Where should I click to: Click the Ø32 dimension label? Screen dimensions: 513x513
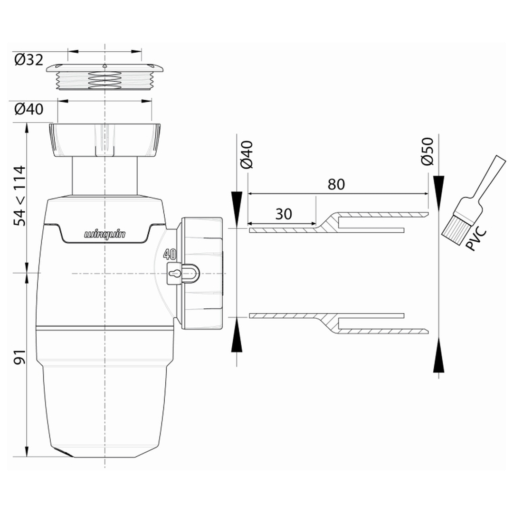tap(29, 60)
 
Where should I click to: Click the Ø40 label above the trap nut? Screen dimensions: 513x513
tap(29, 109)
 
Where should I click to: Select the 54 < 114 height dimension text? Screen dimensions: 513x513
tap(19, 196)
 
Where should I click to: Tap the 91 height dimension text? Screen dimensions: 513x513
tap(19, 357)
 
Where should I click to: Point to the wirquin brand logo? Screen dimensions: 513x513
tap(104, 234)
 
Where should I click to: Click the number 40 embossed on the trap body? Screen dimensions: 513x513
tap(170, 254)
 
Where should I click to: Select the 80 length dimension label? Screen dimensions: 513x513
tap(336, 184)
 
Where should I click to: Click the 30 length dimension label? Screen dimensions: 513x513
tap(283, 214)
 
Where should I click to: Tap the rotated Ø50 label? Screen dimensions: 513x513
tap(427, 151)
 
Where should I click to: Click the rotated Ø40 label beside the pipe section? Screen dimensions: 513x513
tap(247, 154)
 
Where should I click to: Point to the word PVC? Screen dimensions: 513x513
tap(476, 240)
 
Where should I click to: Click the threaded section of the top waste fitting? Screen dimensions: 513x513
tap(104, 80)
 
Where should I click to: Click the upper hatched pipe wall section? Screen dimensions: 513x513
tap(339, 222)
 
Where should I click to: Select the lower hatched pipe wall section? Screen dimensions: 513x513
tap(339, 323)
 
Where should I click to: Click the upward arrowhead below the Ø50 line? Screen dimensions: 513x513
tap(438, 356)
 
